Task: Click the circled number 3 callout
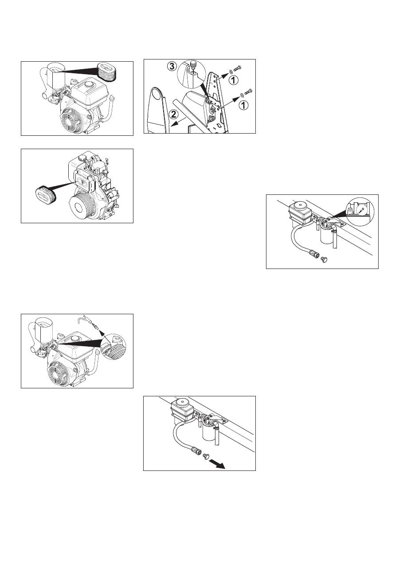pos(172,67)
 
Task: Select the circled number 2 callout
pos(173,115)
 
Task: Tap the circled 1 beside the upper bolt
pos(234,80)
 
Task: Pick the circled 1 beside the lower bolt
pos(243,105)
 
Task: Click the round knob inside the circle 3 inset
pos(194,63)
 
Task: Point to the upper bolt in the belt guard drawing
pos(238,69)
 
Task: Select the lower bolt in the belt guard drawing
pos(248,92)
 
